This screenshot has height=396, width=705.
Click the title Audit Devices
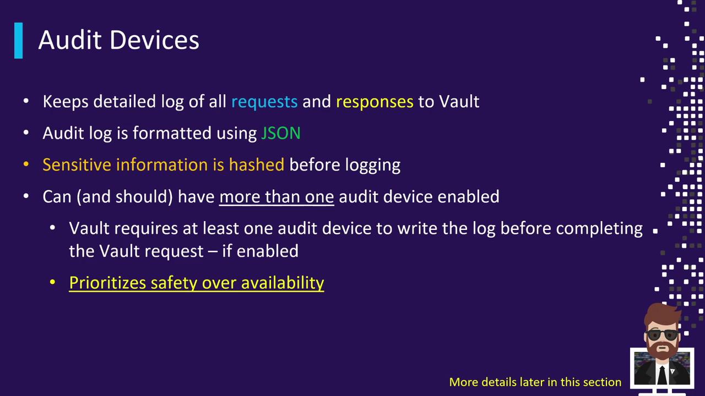click(x=118, y=40)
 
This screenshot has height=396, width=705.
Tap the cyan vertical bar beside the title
click(x=19, y=41)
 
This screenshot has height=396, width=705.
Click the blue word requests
click(x=264, y=102)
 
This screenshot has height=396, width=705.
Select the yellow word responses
click(x=375, y=102)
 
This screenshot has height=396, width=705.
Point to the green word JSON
click(x=281, y=133)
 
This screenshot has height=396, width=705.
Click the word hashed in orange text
click(x=257, y=164)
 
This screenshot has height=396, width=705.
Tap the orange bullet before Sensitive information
click(x=26, y=164)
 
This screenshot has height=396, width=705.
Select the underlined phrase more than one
click(x=276, y=197)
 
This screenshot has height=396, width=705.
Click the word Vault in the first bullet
click(x=459, y=101)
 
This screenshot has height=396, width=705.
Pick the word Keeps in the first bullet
click(x=66, y=102)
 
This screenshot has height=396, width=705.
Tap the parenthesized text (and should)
click(x=124, y=197)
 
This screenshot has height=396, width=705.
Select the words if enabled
click(x=261, y=251)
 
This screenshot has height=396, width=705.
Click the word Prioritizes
click(x=107, y=283)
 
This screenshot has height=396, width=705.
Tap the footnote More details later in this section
click(x=535, y=382)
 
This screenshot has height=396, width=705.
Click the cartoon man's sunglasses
click(x=662, y=334)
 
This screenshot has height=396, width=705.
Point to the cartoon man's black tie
click(x=661, y=375)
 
